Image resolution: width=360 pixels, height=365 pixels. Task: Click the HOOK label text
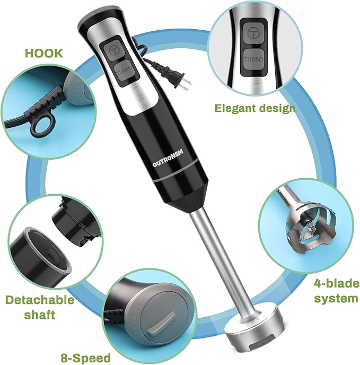(43, 53)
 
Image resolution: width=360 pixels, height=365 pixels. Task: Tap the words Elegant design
(255, 108)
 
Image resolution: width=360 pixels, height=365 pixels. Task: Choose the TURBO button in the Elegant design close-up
(256, 60)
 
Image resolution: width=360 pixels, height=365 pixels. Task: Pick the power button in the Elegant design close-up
(256, 32)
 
